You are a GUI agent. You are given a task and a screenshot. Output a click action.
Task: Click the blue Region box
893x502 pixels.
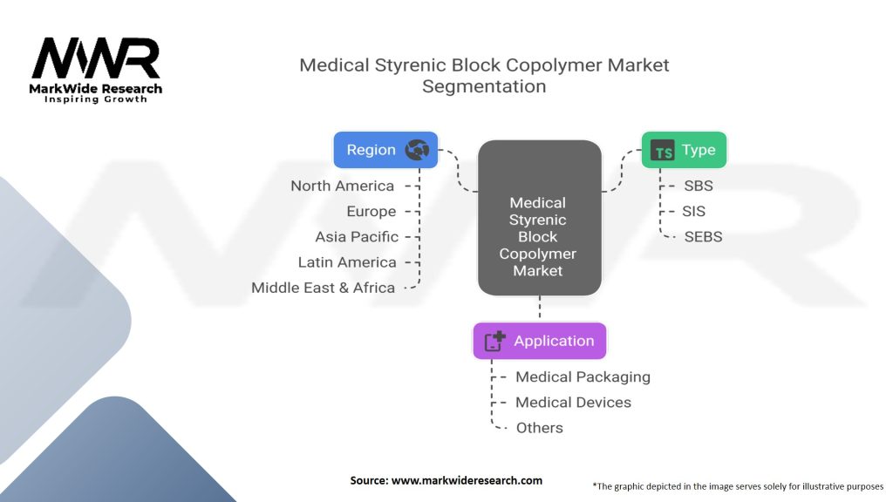pyautogui.click(x=385, y=150)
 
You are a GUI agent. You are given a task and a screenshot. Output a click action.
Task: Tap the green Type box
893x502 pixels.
pyautogui.click(x=684, y=150)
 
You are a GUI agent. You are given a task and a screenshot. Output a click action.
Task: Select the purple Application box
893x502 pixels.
pyautogui.click(x=539, y=341)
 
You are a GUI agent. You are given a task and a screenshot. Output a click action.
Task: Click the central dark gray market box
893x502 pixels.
pyautogui.click(x=539, y=218)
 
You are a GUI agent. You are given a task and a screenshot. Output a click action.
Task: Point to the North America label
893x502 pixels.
pyautogui.click(x=342, y=186)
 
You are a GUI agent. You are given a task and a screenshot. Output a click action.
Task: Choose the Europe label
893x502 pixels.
pyautogui.click(x=371, y=211)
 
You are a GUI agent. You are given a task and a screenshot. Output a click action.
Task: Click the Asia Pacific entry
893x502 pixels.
pyautogui.click(x=357, y=236)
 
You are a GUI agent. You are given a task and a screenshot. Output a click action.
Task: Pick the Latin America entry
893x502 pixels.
pyautogui.click(x=346, y=261)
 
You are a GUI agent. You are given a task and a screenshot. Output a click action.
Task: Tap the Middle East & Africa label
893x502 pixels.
pyautogui.click(x=323, y=287)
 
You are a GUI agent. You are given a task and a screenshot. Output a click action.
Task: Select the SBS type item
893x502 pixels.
pyautogui.click(x=699, y=186)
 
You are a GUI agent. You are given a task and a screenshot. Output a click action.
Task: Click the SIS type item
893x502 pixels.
pyautogui.click(x=695, y=211)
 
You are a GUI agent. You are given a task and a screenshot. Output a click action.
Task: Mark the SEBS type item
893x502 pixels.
pyautogui.click(x=703, y=236)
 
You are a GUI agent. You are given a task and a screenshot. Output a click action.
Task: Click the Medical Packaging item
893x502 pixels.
pyautogui.click(x=583, y=376)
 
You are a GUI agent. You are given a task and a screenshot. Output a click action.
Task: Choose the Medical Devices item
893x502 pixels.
pyautogui.click(x=573, y=402)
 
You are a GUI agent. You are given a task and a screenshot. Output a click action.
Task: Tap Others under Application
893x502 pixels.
pyautogui.click(x=539, y=427)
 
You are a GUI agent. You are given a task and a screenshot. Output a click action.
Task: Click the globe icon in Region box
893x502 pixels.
pyautogui.click(x=417, y=150)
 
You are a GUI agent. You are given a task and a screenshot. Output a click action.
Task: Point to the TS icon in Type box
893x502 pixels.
pyautogui.click(x=664, y=151)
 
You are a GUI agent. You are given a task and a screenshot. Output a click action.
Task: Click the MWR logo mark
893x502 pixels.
pyautogui.click(x=96, y=59)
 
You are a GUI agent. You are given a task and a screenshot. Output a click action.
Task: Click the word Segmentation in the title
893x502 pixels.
pyautogui.click(x=484, y=86)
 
